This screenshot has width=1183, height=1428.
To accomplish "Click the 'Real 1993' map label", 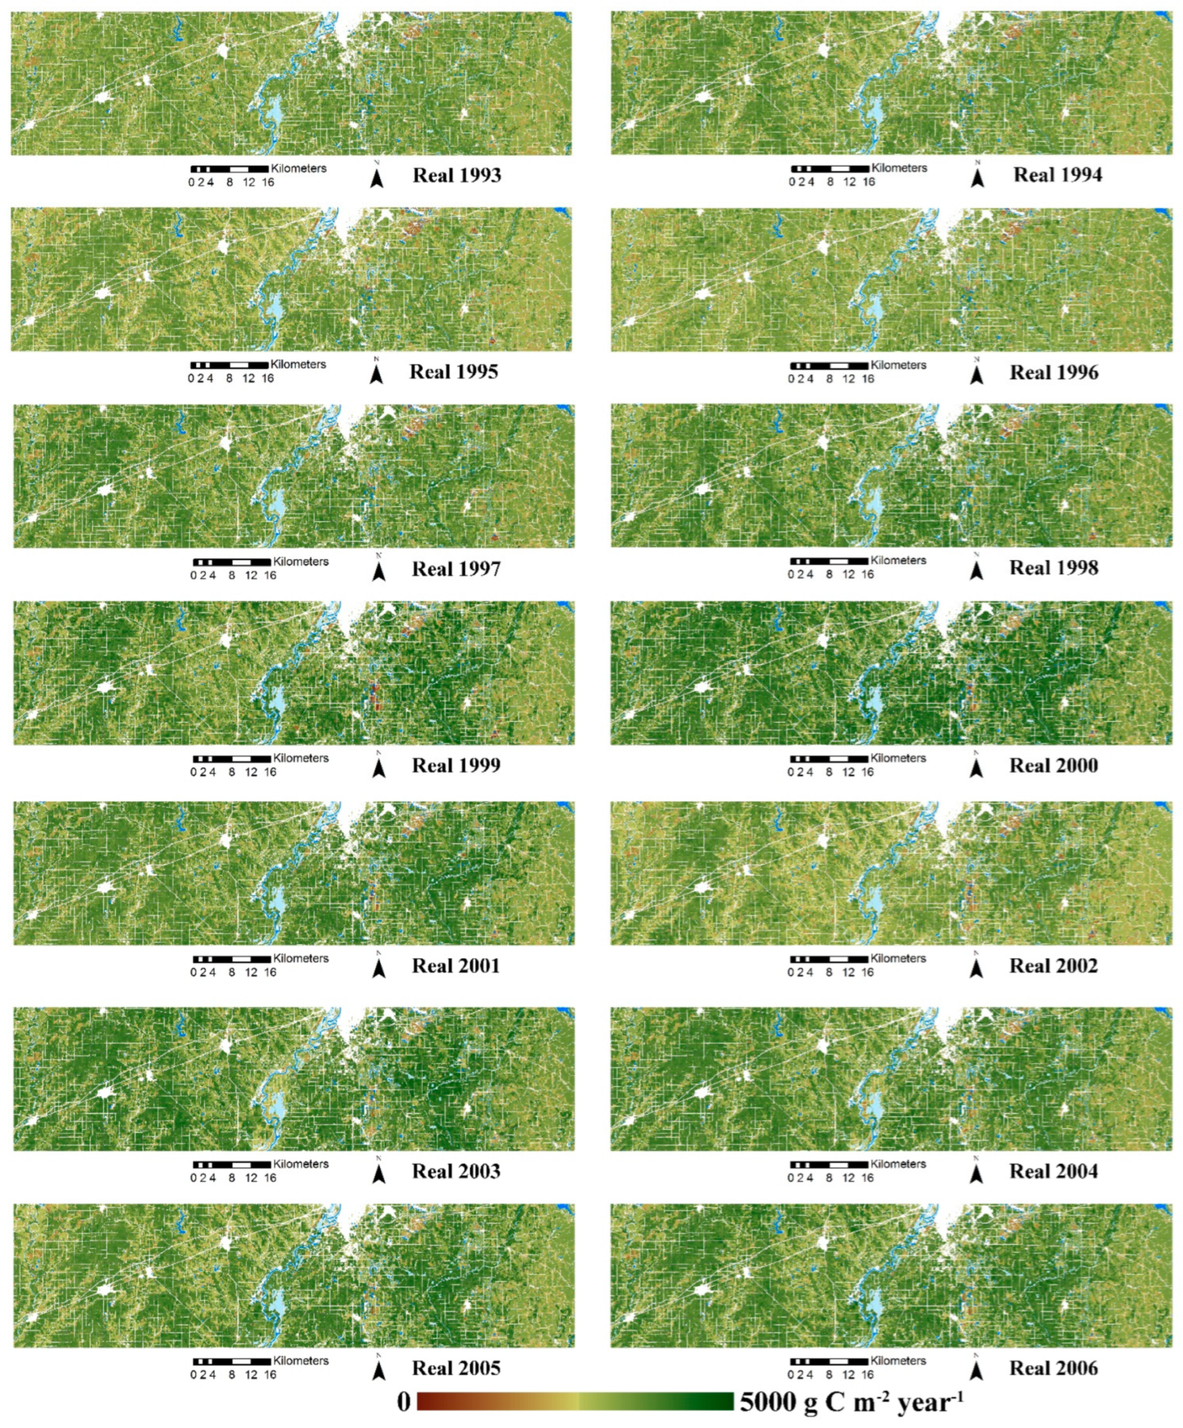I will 457,176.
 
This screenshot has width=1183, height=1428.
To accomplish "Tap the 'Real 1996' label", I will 1054,373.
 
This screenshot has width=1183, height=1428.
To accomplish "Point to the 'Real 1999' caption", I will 456,766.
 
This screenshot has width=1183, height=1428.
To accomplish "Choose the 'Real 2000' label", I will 1053,766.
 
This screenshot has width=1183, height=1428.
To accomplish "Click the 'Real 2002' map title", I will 1053,966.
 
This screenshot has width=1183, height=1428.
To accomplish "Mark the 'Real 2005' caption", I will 456,1368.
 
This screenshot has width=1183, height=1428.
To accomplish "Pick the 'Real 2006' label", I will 1053,1368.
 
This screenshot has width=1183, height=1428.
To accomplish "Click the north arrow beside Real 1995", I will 376,373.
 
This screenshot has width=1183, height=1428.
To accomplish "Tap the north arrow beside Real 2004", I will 976,1172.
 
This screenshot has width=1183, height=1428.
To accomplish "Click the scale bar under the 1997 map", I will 232,562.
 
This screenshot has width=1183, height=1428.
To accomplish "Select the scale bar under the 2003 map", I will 232,1165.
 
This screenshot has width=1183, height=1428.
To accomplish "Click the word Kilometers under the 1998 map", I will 898,561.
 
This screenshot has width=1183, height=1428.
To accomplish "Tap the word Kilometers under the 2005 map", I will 300,1361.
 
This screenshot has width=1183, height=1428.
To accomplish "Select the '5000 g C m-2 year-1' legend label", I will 851,1402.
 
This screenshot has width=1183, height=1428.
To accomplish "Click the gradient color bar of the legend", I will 575,1402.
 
